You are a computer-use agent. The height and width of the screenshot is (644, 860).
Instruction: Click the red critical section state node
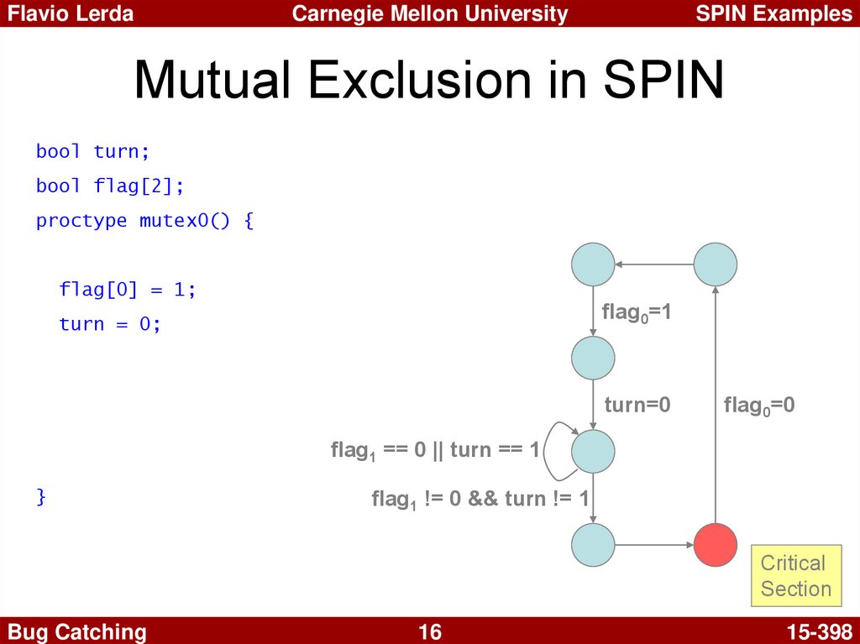click(x=716, y=545)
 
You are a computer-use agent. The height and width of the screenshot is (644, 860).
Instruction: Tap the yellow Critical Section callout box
click(x=796, y=575)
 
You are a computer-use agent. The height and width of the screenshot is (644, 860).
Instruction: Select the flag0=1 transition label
click(x=637, y=312)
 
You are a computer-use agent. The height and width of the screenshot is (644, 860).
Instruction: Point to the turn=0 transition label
click(x=637, y=405)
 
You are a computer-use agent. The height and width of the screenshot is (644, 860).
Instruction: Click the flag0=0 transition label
click(x=759, y=406)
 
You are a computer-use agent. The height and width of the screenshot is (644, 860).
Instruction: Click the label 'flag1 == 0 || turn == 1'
click(x=435, y=450)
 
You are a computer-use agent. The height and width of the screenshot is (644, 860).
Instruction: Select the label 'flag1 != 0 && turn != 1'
click(x=480, y=500)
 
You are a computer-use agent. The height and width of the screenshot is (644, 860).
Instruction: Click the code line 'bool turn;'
click(x=92, y=151)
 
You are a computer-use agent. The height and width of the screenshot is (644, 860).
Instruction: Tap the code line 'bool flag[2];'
click(x=110, y=186)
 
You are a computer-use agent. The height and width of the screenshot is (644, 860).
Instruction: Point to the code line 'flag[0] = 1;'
click(x=128, y=289)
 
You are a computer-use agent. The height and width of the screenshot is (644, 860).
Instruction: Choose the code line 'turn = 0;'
click(x=110, y=323)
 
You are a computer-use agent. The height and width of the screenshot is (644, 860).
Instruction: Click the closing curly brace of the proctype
click(x=41, y=496)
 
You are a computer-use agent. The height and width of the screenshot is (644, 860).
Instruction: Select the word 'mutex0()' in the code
click(x=185, y=220)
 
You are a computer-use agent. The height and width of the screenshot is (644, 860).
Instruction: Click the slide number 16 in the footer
click(x=429, y=632)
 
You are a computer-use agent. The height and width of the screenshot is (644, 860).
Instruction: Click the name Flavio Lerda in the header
click(x=71, y=13)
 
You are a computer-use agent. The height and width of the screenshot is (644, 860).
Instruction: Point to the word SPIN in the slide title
click(x=663, y=80)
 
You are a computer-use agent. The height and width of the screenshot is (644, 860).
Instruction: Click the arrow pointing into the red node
click(x=654, y=545)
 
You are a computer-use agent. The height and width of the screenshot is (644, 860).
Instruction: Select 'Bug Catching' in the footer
click(x=76, y=632)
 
